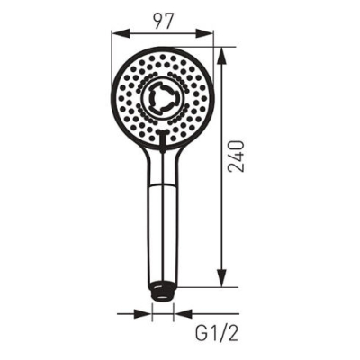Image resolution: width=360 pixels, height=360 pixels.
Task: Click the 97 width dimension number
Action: [164, 21]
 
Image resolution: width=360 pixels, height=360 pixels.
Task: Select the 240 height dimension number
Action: [236, 156]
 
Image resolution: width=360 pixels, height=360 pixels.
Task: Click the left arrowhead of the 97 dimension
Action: [121, 34]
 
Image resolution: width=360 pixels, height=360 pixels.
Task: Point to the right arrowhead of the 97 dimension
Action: [204, 34]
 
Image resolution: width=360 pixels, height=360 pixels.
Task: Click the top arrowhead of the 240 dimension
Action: [221, 57]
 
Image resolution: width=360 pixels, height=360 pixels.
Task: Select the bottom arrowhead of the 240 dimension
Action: [221, 278]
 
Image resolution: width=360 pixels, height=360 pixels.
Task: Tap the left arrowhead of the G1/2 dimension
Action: [143, 314]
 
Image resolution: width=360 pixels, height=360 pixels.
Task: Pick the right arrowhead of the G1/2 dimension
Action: [183, 314]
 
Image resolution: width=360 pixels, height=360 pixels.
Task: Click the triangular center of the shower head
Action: [163, 98]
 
